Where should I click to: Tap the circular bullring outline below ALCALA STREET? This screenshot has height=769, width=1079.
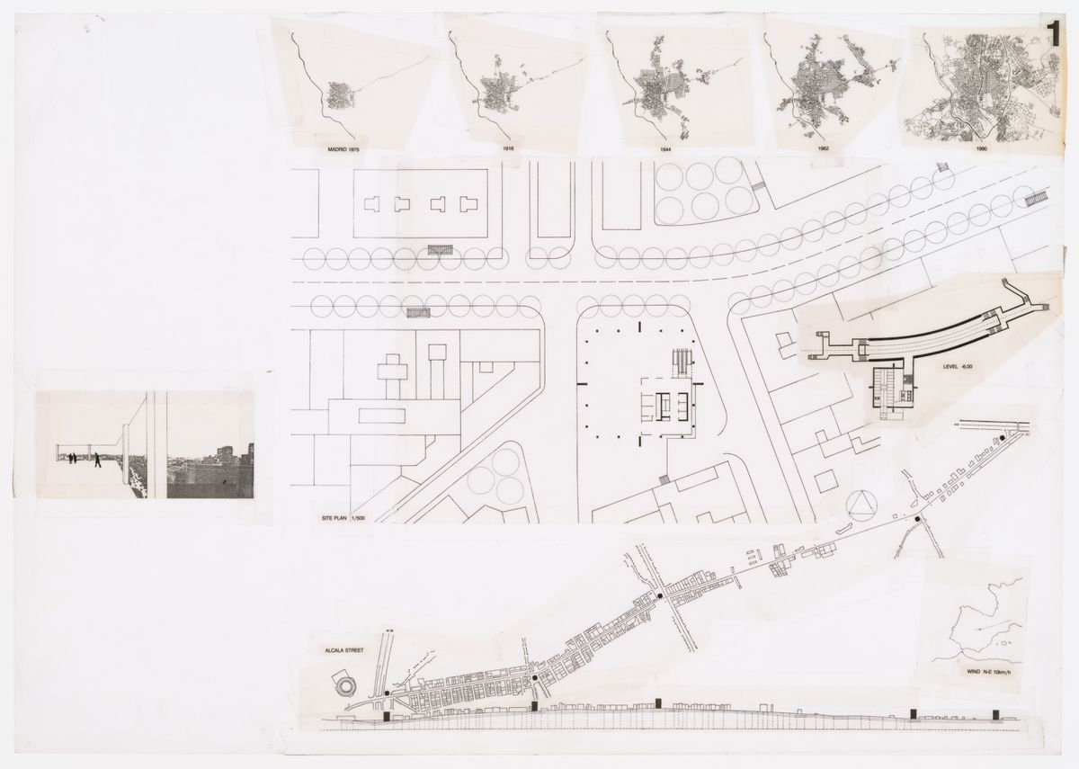[345, 687]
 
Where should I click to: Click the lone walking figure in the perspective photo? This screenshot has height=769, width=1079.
[97, 460]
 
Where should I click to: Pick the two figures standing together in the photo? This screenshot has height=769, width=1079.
[72, 459]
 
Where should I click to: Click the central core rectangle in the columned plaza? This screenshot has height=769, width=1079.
[666, 407]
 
